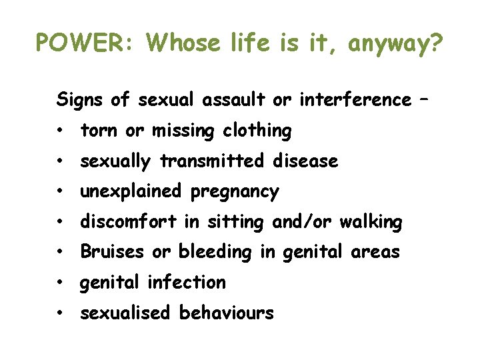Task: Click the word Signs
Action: click(x=81, y=101)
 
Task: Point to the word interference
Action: click(x=355, y=100)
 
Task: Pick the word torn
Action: click(x=99, y=131)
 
